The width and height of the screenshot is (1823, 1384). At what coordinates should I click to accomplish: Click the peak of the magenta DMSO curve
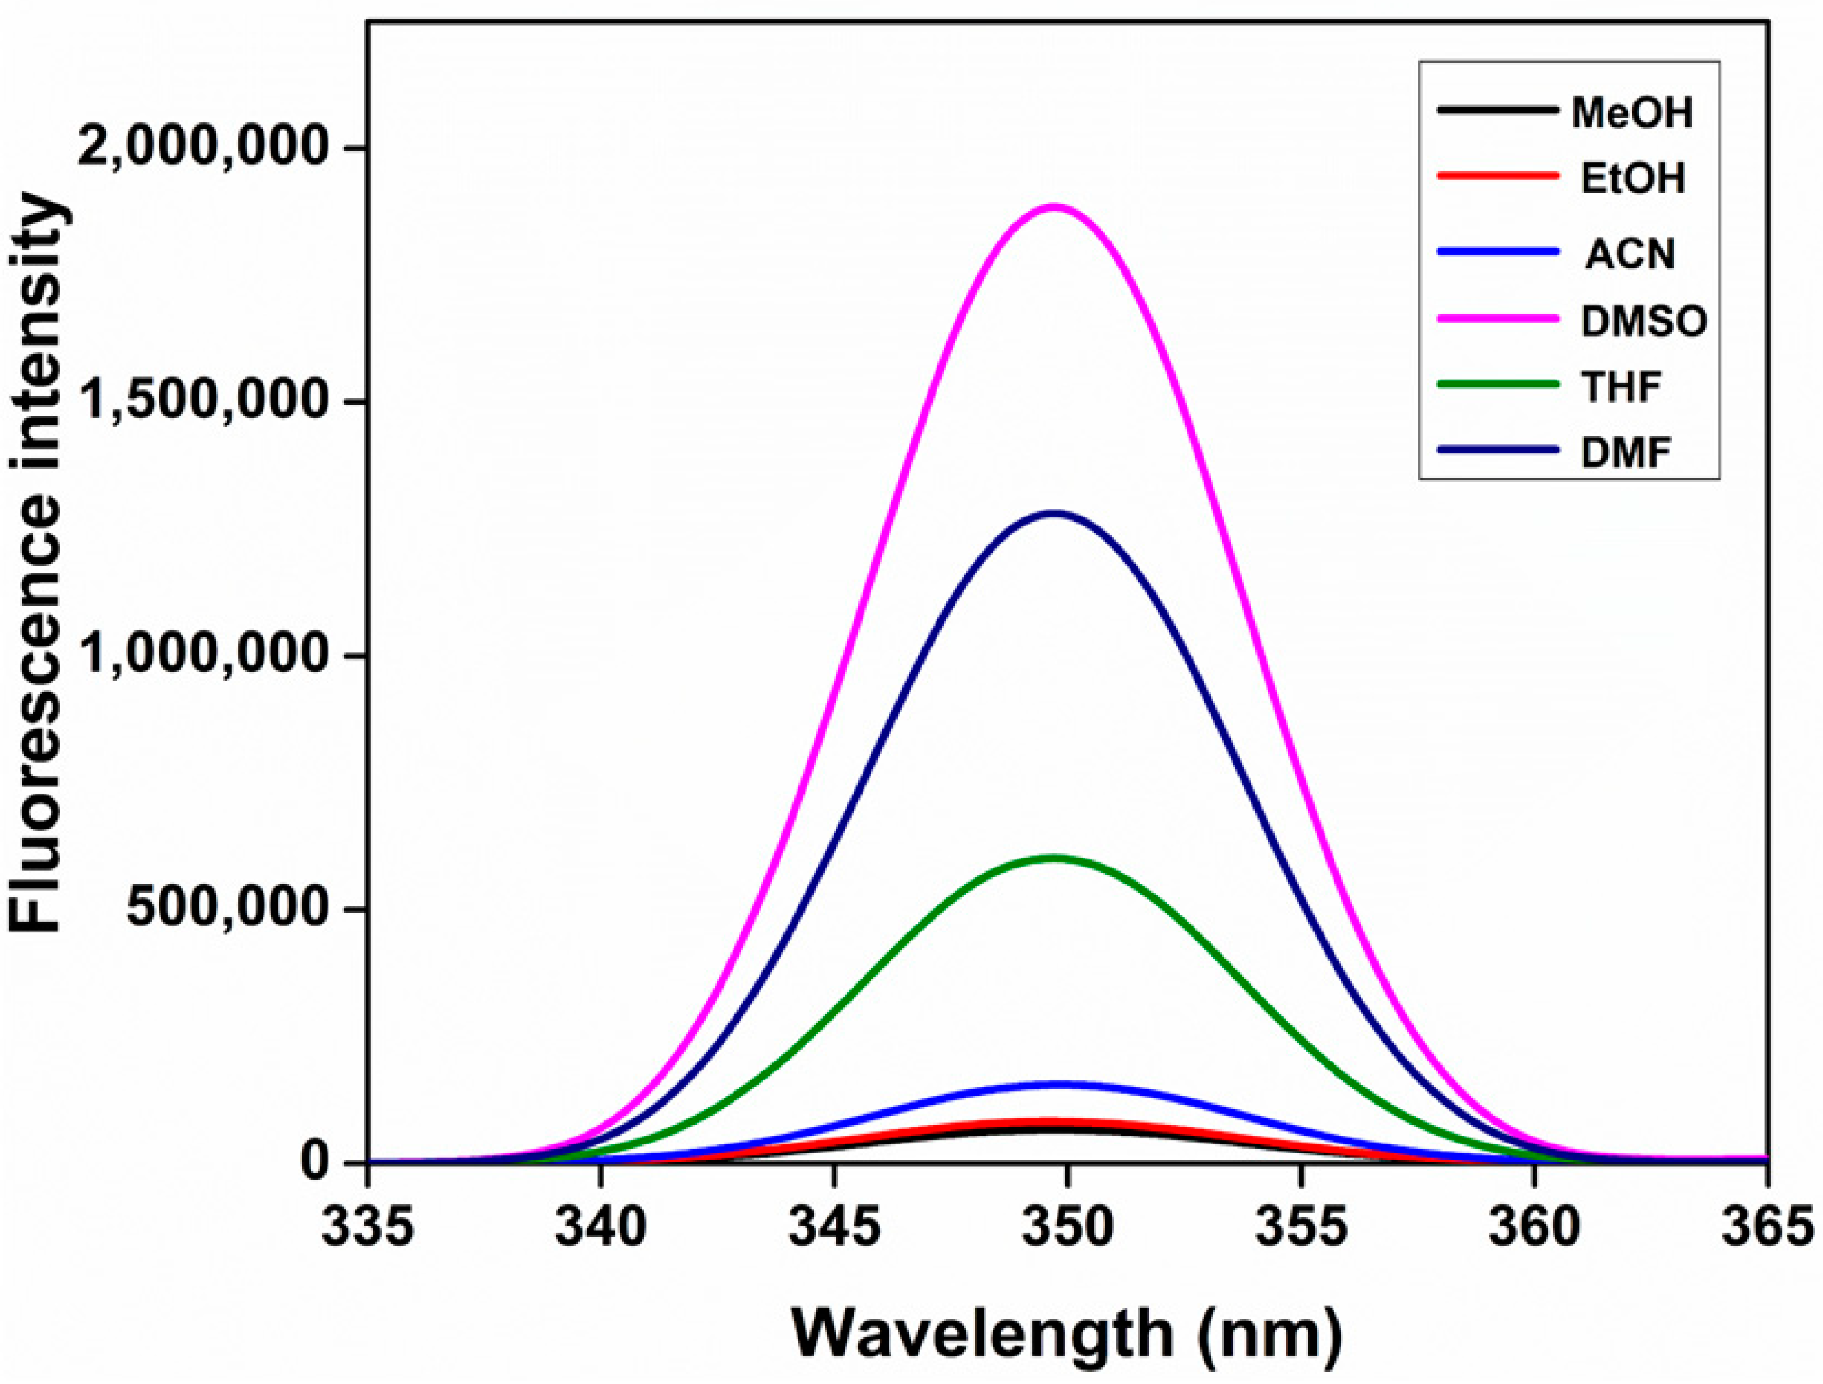tap(1054, 207)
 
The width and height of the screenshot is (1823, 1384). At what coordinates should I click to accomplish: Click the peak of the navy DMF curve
tap(1054, 514)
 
